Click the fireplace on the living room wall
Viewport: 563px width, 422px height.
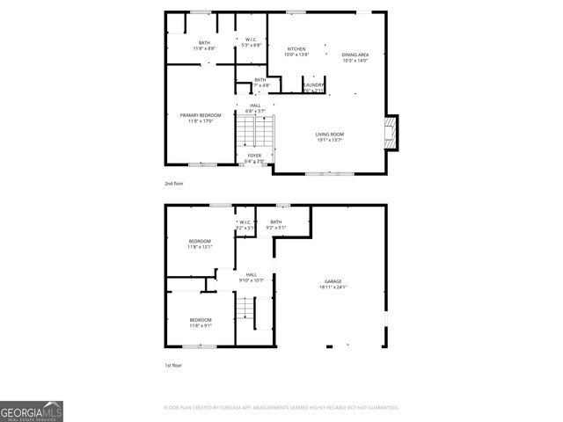(x=392, y=132)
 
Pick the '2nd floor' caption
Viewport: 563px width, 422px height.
(x=174, y=183)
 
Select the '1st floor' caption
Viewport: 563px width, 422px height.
(x=173, y=365)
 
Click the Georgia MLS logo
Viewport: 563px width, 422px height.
(x=32, y=411)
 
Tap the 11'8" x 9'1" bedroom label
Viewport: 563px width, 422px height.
(x=200, y=323)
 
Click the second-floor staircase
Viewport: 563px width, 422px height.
(x=255, y=132)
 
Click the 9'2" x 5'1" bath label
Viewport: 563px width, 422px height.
(x=275, y=225)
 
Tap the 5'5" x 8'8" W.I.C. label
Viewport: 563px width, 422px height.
(x=251, y=42)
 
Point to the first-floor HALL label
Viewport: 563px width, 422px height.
(x=252, y=278)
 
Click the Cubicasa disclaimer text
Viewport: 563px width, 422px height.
(x=281, y=408)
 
